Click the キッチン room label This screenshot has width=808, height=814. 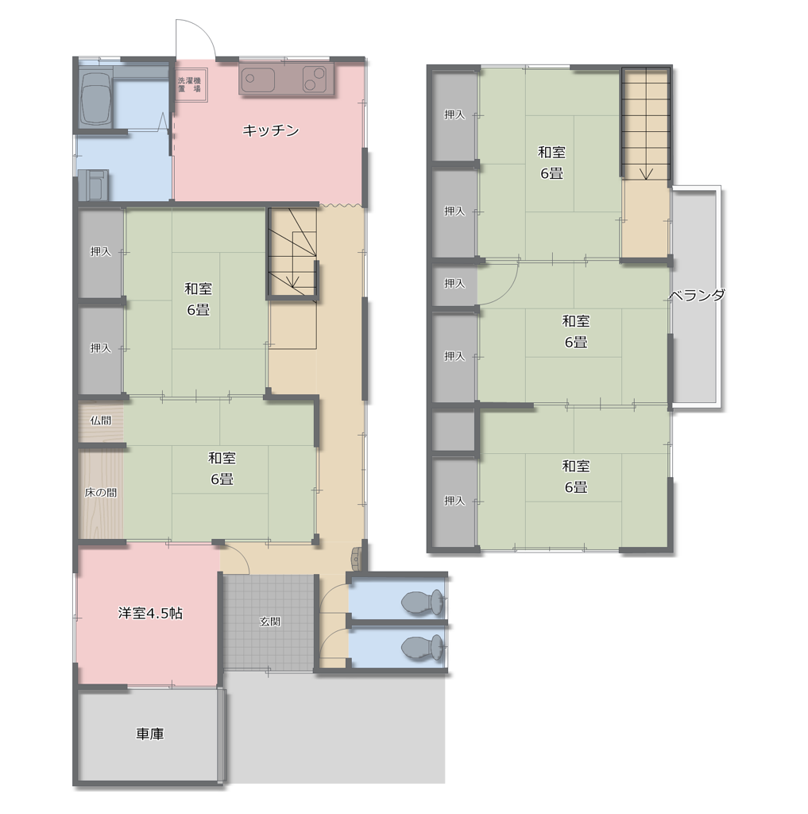coord(270,130)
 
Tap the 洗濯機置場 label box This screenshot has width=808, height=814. coord(190,84)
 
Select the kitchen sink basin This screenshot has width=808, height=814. coord(257,79)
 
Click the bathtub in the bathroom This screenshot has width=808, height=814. coord(96,97)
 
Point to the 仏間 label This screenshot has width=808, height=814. coord(100,421)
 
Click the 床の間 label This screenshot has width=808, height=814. coord(101,492)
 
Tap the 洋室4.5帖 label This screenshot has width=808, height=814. coord(150,613)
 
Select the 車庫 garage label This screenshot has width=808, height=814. coord(150,734)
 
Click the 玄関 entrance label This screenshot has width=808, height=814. coord(270,621)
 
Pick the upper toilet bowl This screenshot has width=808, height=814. coord(422,603)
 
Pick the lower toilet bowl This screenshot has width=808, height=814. coord(422,648)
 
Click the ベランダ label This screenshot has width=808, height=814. coord(696,296)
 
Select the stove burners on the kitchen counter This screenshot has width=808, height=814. coord(315,79)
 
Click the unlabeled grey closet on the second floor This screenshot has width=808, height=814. coord(453,431)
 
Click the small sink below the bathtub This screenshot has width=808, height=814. coord(94,184)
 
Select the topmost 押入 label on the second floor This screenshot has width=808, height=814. coord(454,114)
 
